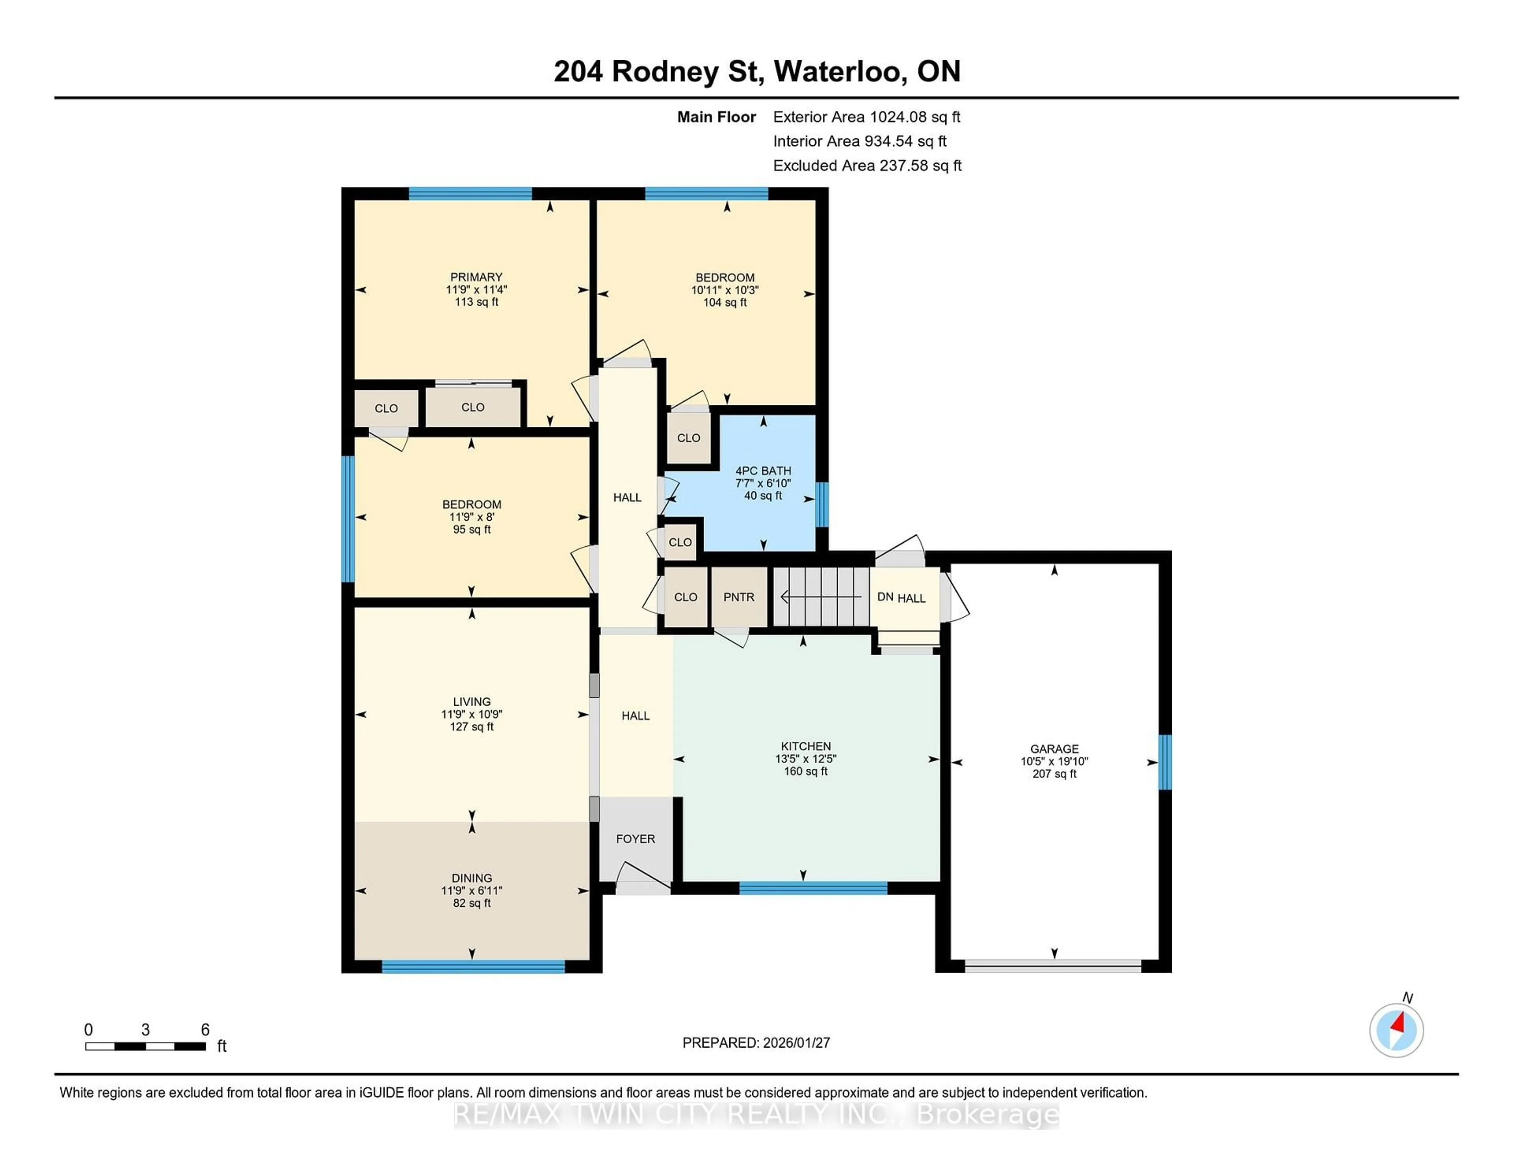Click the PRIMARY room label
pyautogui.click(x=476, y=277)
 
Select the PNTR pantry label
pyautogui.click(x=738, y=597)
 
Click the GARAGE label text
pyautogui.click(x=1054, y=749)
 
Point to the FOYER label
pyautogui.click(x=635, y=839)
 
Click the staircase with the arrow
pyautogui.click(x=821, y=596)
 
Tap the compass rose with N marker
pyautogui.click(x=1396, y=1030)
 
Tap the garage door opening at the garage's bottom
pyautogui.click(x=1053, y=966)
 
